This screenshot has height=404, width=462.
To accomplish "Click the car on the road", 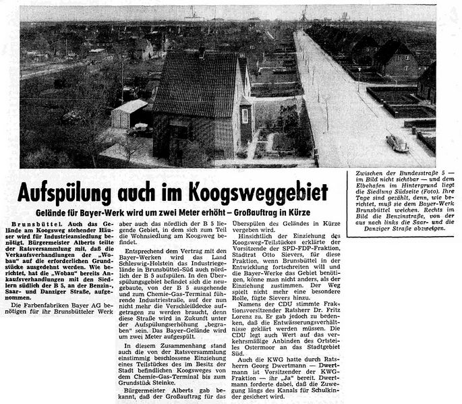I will click(x=397, y=143).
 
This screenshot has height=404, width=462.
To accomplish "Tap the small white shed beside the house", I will click(x=130, y=115).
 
